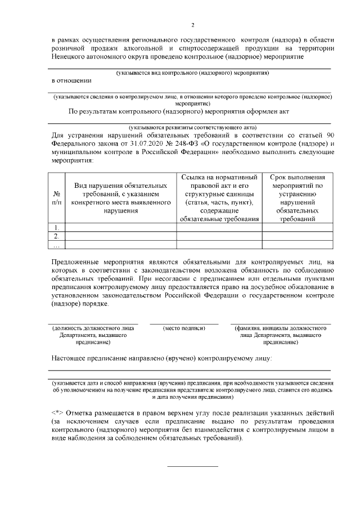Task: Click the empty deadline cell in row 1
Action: [x=296, y=227]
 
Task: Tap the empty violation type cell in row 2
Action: [x=120, y=236]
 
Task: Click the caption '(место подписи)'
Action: [x=183, y=327]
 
